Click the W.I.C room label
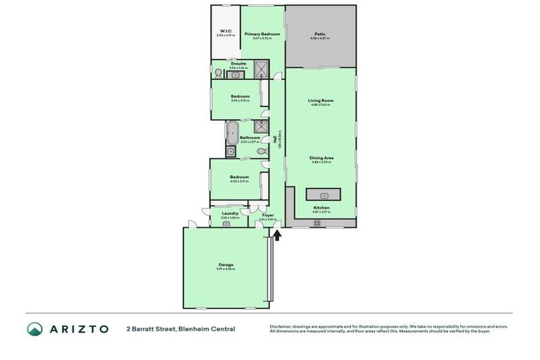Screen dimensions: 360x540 (226, 31)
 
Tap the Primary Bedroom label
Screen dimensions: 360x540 (262, 34)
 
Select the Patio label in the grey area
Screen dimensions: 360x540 (320, 34)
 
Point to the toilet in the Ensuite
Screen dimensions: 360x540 (219, 72)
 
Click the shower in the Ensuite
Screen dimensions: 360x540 (261, 70)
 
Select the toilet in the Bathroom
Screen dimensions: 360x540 (261, 150)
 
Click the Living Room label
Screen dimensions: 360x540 (321, 101)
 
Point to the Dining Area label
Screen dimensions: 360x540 (321, 157)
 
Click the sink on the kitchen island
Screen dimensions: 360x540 (323, 195)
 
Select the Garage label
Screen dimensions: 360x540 (225, 264)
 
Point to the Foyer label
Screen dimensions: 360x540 (268, 214)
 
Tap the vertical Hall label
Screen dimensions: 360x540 (280, 139)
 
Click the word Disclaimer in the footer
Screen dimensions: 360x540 (282, 326)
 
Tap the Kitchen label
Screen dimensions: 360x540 (321, 207)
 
